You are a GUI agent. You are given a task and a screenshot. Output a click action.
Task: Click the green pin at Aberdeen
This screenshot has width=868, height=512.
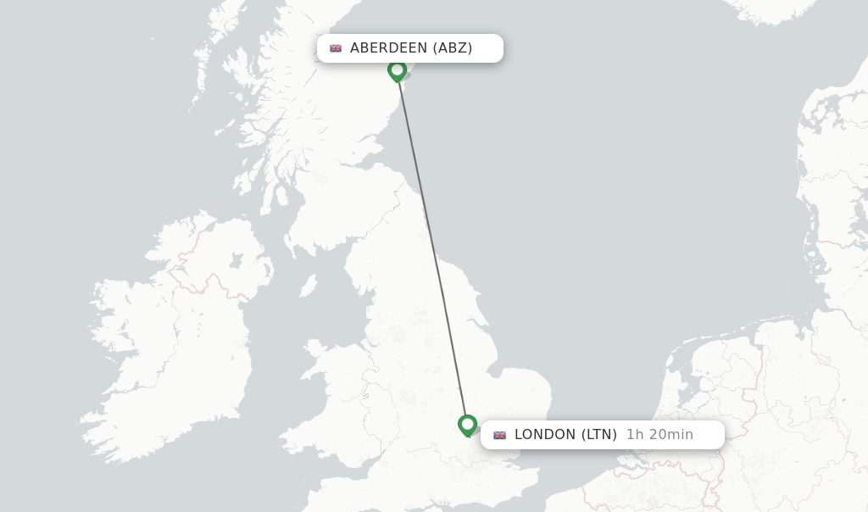[397, 70]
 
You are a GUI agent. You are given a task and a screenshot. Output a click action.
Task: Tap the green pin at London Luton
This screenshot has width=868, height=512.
[467, 425]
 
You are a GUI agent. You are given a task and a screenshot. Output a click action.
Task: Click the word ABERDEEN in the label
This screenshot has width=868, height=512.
[388, 48]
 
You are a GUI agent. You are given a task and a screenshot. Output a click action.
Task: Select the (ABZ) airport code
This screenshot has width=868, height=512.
[453, 48]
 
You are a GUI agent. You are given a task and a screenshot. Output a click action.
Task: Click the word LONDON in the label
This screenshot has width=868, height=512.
[544, 435]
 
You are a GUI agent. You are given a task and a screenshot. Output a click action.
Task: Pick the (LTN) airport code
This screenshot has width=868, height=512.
[598, 435]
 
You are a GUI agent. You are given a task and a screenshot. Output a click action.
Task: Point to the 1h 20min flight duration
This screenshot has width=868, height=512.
[659, 435]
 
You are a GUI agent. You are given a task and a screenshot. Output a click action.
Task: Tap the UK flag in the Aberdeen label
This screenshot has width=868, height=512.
[336, 48]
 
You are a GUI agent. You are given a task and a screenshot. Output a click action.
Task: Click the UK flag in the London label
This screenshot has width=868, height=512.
[500, 435]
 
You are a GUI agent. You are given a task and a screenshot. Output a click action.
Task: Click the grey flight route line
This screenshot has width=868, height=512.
[431, 246]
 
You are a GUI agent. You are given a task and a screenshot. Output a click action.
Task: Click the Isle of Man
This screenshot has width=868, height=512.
[308, 286]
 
